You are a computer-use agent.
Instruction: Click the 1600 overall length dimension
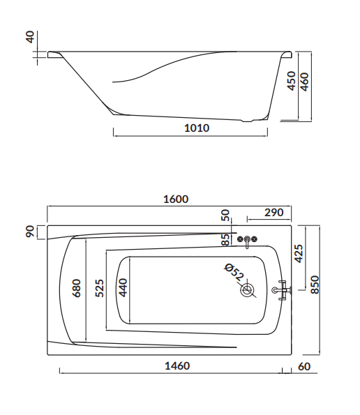(176, 199)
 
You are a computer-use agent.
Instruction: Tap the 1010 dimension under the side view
(197, 128)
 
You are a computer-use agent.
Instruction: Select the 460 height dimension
(305, 82)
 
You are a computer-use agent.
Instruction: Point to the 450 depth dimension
(291, 81)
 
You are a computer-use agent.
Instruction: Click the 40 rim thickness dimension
(31, 37)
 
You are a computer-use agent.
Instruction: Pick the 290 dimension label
(273, 212)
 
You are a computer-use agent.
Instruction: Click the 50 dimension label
(225, 216)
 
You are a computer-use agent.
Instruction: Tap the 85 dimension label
(225, 239)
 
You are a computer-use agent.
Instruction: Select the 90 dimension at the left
(30, 232)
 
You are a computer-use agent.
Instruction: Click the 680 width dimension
(77, 288)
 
